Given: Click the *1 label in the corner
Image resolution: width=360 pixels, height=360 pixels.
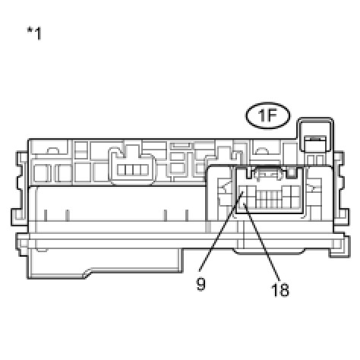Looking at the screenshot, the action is (x=34, y=33).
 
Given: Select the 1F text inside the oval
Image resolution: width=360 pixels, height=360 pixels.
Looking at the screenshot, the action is (x=267, y=115).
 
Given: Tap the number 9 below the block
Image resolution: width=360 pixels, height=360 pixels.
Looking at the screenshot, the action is (x=201, y=284).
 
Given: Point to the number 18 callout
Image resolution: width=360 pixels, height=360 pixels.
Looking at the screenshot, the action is (x=280, y=289).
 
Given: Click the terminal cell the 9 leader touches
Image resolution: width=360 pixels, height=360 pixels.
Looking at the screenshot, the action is (x=243, y=191).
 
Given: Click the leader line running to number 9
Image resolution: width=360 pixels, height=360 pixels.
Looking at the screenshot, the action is (x=222, y=231).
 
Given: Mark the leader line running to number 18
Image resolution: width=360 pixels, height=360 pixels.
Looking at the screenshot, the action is (x=262, y=242).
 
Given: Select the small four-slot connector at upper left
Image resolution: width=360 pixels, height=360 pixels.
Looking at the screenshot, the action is (x=132, y=170).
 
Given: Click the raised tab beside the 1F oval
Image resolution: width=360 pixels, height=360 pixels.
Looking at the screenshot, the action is (x=315, y=134).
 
